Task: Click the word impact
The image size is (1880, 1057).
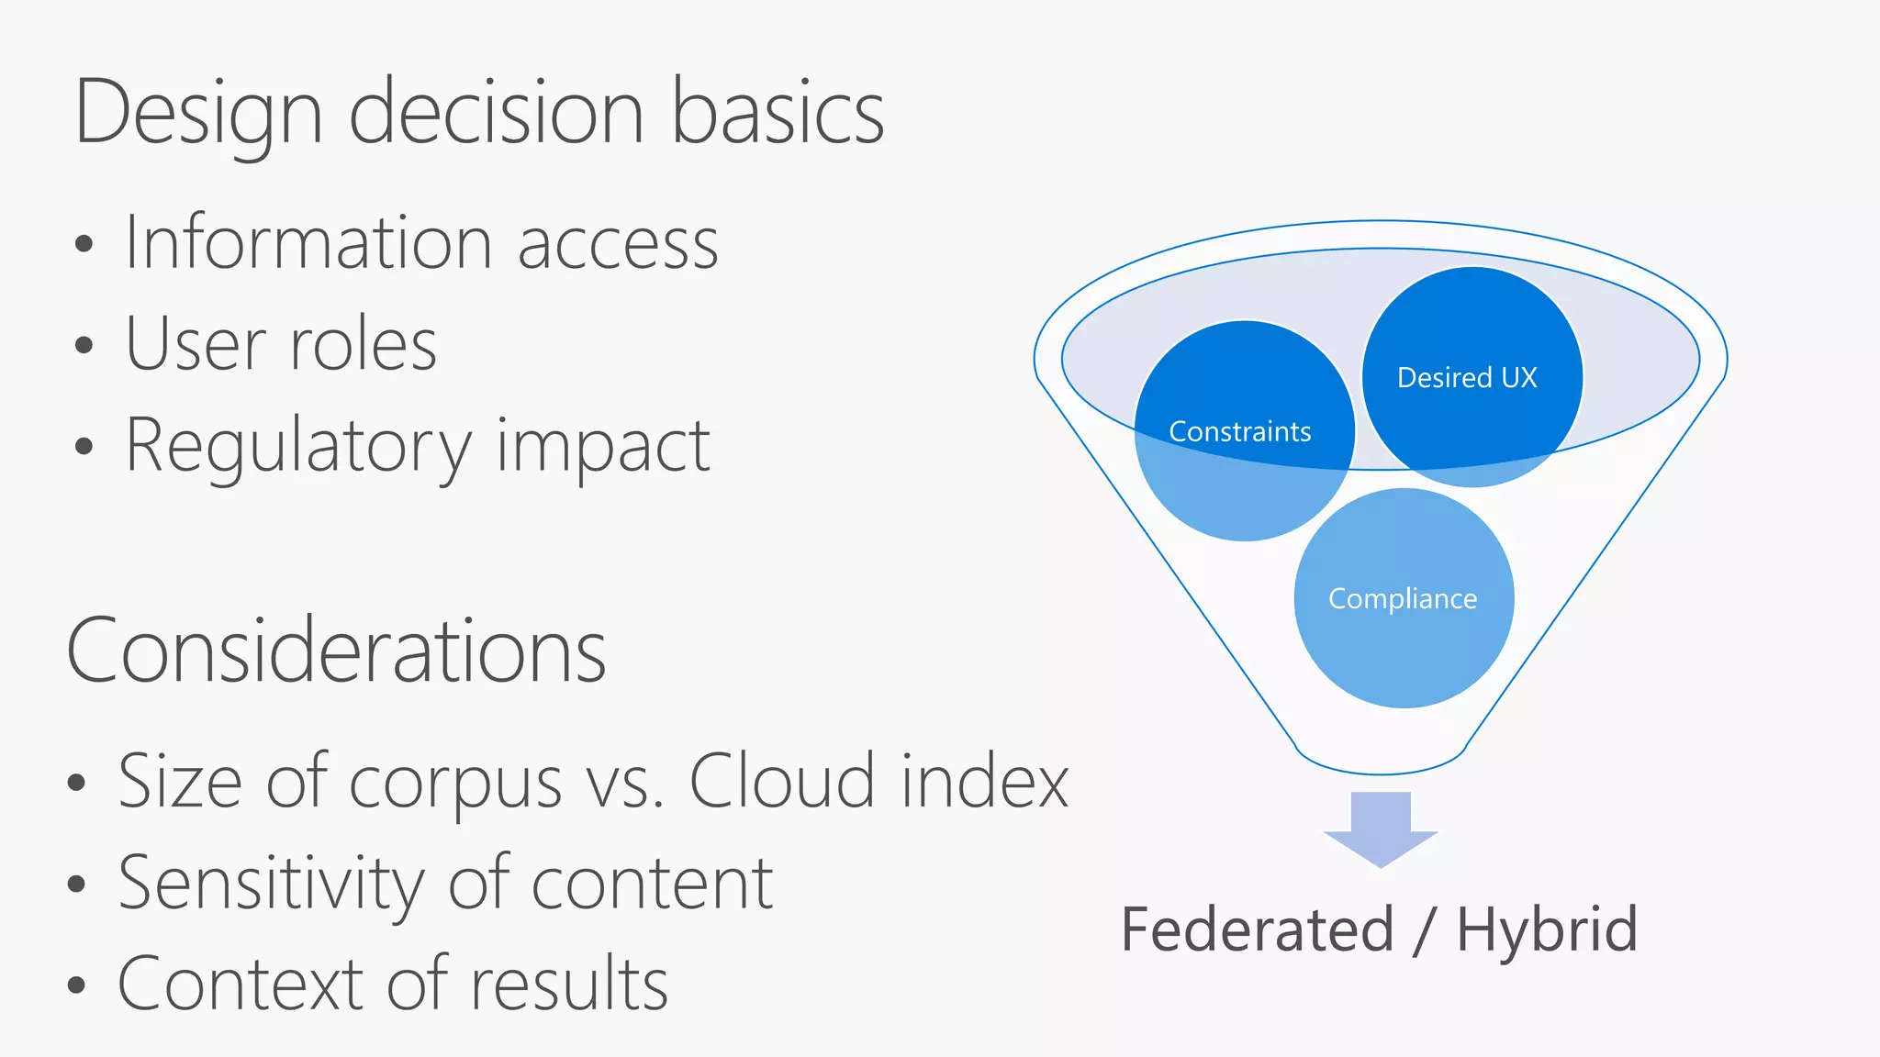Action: pos(603,447)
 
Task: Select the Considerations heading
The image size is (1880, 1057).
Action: pos(337,651)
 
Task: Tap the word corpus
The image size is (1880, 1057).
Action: pos(455,783)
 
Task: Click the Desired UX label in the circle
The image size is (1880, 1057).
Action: pos(1467,378)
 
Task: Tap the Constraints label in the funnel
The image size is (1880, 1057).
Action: pos(1239,432)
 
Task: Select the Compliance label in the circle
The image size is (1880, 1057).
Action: pos(1403,599)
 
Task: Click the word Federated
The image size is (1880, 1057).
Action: pos(1258,929)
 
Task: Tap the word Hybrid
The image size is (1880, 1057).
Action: pos(1547,929)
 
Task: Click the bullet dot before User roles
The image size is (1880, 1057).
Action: pos(84,346)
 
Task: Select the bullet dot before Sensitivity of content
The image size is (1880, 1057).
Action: pos(77,885)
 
